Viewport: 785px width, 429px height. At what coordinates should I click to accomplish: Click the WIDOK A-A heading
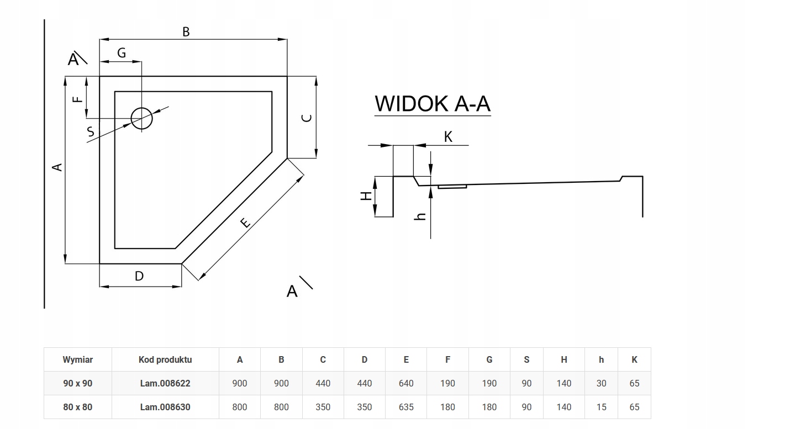pyautogui.click(x=432, y=104)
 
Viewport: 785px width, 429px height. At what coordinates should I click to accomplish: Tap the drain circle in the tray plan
pyautogui.click(x=141, y=118)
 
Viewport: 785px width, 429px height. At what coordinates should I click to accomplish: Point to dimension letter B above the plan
pyautogui.click(x=186, y=32)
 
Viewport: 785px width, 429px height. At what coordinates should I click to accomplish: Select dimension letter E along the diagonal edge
pyautogui.click(x=246, y=222)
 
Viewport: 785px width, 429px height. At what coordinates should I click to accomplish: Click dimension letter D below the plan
pyautogui.click(x=139, y=276)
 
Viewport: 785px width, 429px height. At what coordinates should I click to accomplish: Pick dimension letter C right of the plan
pyautogui.click(x=307, y=118)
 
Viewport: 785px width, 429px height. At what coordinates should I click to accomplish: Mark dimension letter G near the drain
pyautogui.click(x=122, y=53)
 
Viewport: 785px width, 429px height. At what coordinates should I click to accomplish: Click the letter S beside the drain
pyautogui.click(x=91, y=132)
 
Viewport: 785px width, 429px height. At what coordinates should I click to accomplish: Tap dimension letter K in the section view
pyautogui.click(x=448, y=137)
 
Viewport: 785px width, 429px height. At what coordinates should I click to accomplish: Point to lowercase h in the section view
pyautogui.click(x=421, y=216)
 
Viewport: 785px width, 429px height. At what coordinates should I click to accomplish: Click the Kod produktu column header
pyautogui.click(x=165, y=359)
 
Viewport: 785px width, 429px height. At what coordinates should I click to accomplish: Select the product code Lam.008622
pyautogui.click(x=165, y=383)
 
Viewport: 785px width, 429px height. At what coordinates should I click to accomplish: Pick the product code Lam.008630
pyautogui.click(x=165, y=407)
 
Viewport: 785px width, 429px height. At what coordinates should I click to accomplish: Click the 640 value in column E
pyautogui.click(x=406, y=383)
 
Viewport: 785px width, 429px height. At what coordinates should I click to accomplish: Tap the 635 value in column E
pyautogui.click(x=406, y=407)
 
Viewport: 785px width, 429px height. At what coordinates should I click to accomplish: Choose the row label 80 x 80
pyautogui.click(x=77, y=407)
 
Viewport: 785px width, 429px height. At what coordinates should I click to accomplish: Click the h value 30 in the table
pyautogui.click(x=601, y=383)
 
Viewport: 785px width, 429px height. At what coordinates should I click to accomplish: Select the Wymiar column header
pyautogui.click(x=77, y=359)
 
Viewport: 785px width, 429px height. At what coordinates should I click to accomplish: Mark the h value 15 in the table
pyautogui.click(x=601, y=407)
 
